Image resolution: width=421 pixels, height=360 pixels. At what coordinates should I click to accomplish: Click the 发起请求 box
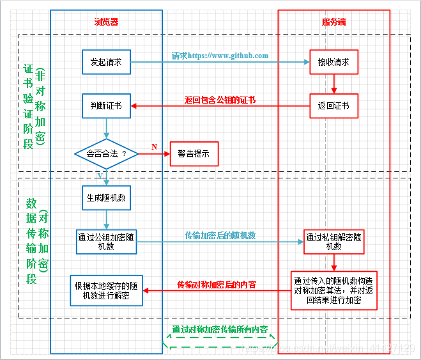point(106,62)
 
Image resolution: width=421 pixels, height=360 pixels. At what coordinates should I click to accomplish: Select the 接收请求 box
point(333,62)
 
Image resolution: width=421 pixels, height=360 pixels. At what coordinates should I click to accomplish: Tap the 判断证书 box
point(106,106)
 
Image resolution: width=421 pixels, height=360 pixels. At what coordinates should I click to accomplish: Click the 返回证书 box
point(333,106)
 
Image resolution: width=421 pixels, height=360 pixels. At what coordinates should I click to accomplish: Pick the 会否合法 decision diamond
point(106,154)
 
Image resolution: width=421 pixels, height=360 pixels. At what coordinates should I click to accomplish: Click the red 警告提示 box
point(194,154)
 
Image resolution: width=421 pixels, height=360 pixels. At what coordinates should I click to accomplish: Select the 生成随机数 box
point(106,198)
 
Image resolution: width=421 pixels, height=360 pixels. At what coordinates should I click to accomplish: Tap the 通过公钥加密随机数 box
point(106,241)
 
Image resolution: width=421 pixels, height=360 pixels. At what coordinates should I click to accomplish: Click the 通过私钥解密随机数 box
point(333,241)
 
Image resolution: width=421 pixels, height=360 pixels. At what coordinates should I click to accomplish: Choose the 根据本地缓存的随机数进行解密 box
point(106,290)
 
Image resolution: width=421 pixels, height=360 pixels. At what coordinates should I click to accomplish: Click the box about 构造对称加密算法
point(333,290)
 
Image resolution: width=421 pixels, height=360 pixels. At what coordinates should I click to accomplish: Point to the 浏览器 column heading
point(106,22)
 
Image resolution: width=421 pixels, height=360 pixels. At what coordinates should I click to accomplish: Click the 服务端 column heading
point(333,22)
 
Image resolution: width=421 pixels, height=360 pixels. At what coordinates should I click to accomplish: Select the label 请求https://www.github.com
point(220,56)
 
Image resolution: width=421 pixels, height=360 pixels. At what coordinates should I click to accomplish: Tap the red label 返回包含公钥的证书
point(220,100)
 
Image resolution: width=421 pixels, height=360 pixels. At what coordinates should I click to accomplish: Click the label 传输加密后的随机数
point(220,235)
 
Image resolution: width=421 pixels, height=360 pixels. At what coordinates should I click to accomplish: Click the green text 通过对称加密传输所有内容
point(219,330)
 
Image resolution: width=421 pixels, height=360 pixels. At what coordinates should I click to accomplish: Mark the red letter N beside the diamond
point(154,147)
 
